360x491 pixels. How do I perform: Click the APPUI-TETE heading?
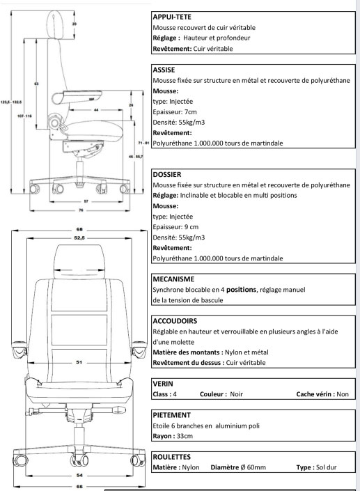click(x=172, y=17)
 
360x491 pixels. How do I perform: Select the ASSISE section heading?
click(x=164, y=70)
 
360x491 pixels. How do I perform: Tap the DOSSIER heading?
click(x=167, y=174)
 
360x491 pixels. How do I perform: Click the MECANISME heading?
click(x=173, y=279)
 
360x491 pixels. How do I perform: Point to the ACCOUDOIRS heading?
click(x=175, y=321)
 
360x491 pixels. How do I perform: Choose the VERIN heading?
click(x=163, y=384)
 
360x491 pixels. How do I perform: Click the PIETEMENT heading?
click(x=171, y=415)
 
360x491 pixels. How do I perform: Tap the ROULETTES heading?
click(x=171, y=457)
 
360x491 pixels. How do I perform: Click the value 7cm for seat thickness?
click(x=191, y=112)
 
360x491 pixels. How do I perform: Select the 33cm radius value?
click(x=185, y=436)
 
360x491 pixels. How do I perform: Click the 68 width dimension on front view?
click(x=79, y=230)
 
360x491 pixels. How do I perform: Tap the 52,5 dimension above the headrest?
click(x=79, y=238)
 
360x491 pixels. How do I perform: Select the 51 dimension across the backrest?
click(x=79, y=362)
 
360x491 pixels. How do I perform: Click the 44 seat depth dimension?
click(x=96, y=110)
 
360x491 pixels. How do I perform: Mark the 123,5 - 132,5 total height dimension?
click(x=11, y=102)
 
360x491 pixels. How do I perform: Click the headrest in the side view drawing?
click(x=56, y=24)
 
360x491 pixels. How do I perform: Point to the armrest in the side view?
click(x=77, y=96)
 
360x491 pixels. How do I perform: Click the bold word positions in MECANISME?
click(x=241, y=290)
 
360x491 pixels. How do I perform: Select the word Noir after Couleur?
click(x=236, y=394)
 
